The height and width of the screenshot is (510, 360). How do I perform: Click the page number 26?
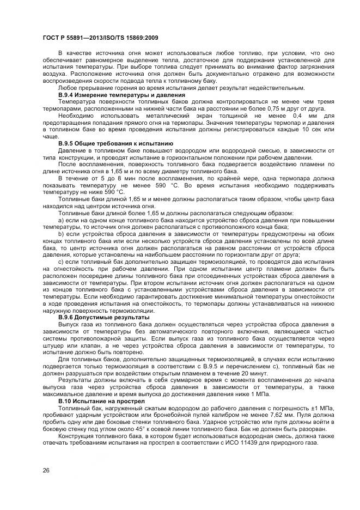(46, 470)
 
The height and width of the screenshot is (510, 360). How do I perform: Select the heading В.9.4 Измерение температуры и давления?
(114, 95)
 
